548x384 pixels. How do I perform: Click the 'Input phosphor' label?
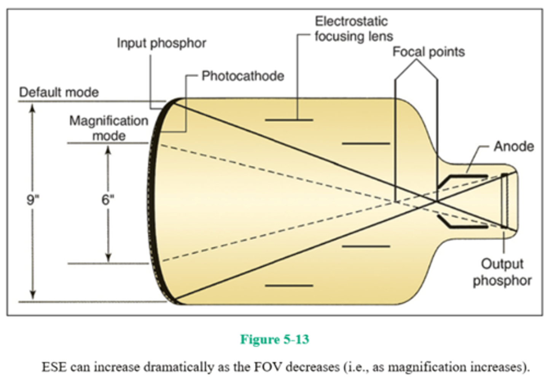[x=161, y=43]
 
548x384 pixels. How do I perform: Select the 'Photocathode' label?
[x=243, y=76]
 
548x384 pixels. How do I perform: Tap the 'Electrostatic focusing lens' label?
[x=353, y=29]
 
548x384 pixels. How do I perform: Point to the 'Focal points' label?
[x=429, y=52]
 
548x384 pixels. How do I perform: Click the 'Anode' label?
[x=513, y=146]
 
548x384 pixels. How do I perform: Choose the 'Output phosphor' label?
[x=502, y=272]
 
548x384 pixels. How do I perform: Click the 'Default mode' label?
[x=59, y=92]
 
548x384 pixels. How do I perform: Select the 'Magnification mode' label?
[x=109, y=128]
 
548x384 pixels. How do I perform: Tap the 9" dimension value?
[x=33, y=200]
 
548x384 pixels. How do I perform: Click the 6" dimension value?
[x=108, y=200]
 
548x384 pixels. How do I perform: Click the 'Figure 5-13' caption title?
[x=274, y=339]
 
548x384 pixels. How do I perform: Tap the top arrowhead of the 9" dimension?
[x=33, y=108]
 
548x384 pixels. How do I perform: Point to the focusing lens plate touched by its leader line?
[x=289, y=120]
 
